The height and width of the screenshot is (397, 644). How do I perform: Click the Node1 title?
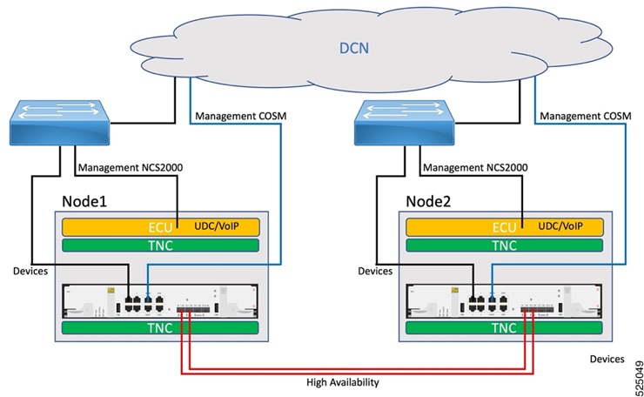pyautogui.click(x=85, y=201)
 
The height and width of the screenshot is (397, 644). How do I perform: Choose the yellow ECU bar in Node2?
pyautogui.click(x=504, y=227)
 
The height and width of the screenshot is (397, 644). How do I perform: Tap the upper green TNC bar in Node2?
pyautogui.click(x=504, y=246)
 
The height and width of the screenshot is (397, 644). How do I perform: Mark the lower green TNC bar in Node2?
pyautogui.click(x=504, y=328)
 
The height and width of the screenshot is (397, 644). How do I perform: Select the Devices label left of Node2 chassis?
pyautogui.click(x=375, y=272)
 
